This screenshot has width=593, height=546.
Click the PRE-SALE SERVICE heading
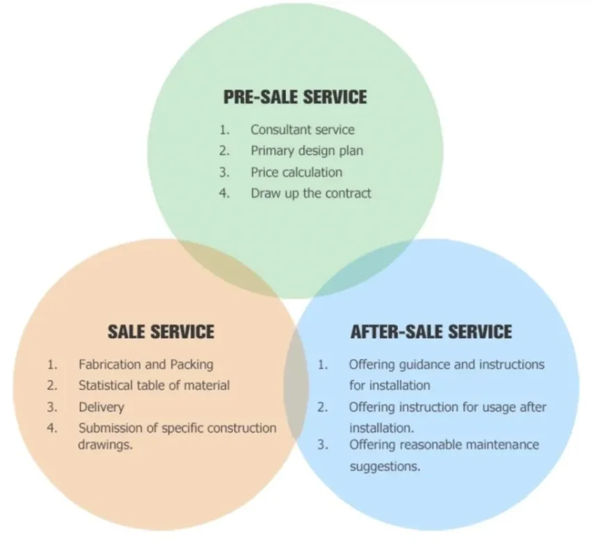pos(294,97)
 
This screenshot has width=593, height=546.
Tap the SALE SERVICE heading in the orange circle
pos(161,331)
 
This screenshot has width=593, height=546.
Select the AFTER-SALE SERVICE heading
pos(431,331)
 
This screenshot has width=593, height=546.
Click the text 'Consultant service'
pos(302,130)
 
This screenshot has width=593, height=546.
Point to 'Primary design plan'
pos(306,150)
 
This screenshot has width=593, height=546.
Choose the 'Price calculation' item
pos(296,172)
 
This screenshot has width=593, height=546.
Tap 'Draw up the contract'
pos(310,193)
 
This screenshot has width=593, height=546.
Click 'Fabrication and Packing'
pos(145,364)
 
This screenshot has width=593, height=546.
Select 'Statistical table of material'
pos(154,385)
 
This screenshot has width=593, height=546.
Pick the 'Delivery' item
pos(101,407)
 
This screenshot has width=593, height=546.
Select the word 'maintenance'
pos(499,444)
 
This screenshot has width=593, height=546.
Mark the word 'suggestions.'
pos(384,466)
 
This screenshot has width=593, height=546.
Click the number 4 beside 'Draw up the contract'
pos(224,193)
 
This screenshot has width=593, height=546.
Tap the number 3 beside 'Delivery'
pos(52,407)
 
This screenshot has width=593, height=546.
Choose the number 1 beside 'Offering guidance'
pos(322,364)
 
